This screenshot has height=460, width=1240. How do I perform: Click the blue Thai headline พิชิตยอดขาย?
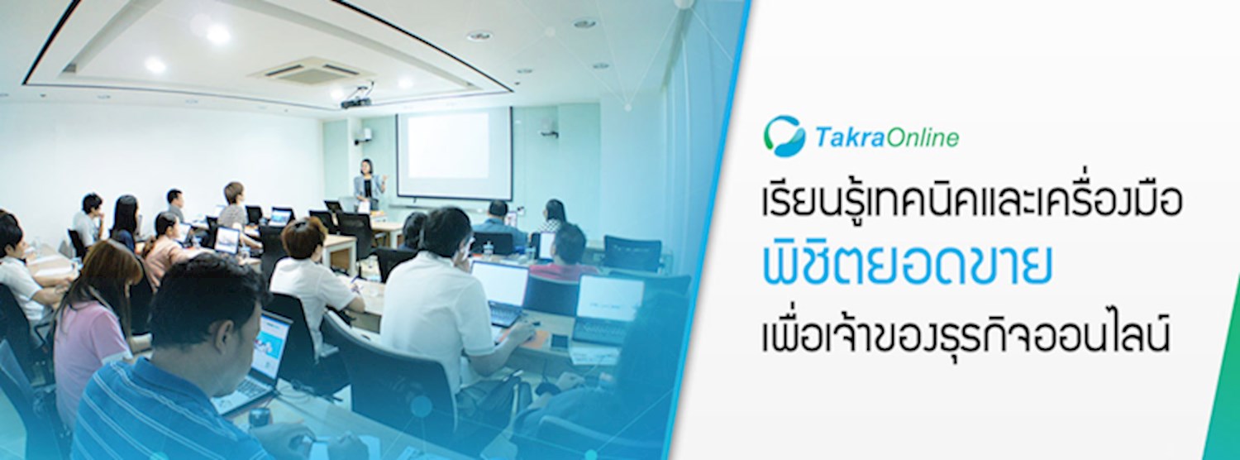[x=908, y=269]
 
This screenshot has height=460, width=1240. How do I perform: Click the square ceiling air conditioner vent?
[x=311, y=71]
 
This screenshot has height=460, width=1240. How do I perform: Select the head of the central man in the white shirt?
[x=446, y=232]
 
